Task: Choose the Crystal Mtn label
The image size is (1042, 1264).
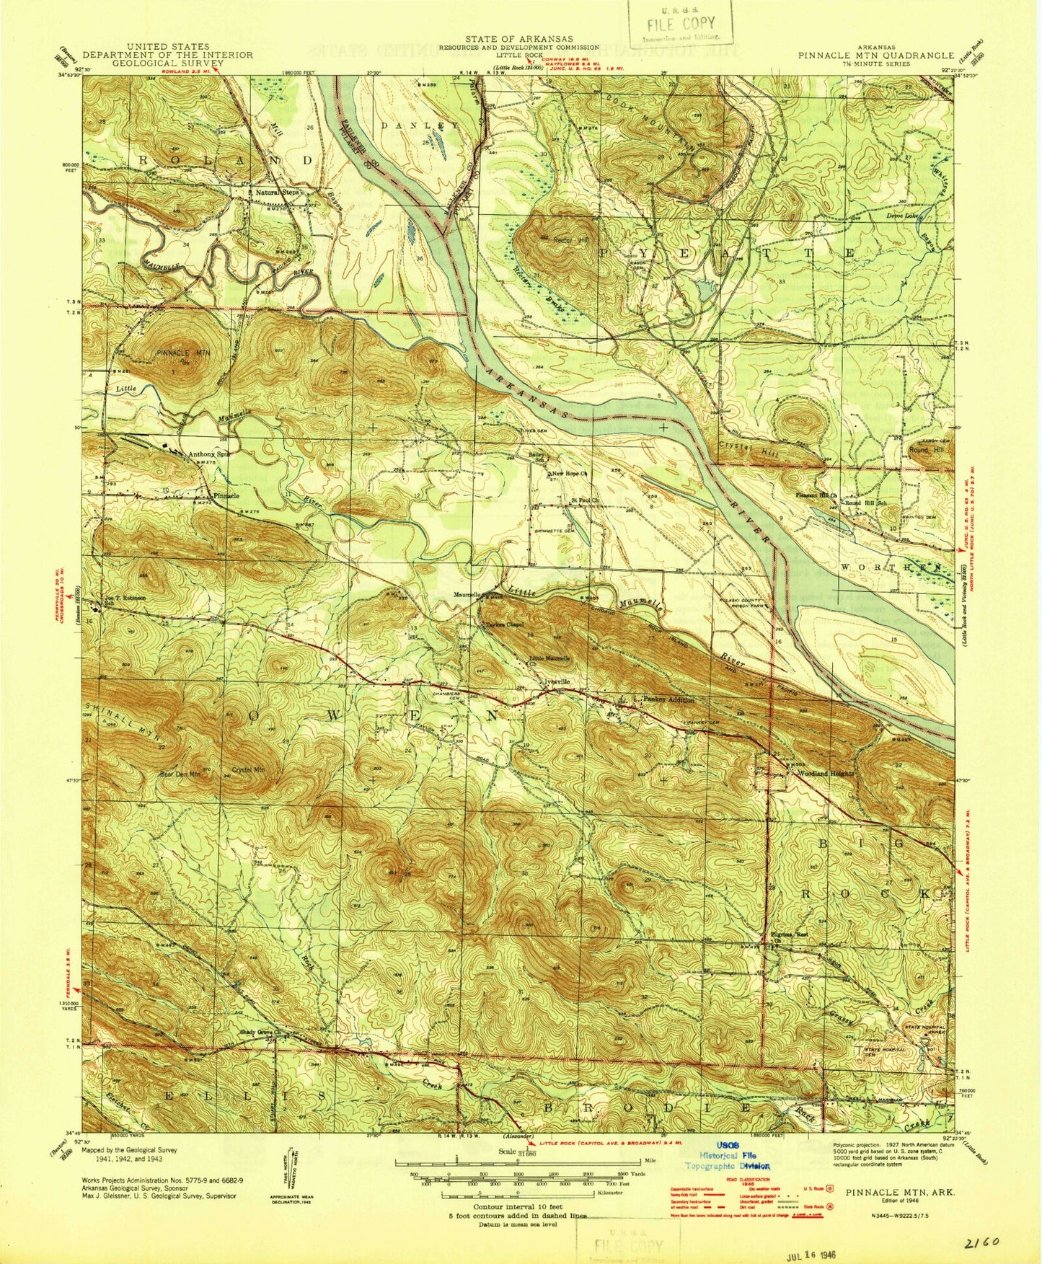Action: [x=248, y=769]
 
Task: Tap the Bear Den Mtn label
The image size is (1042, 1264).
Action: [x=179, y=775]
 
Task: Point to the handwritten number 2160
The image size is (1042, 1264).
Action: [x=980, y=1242]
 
